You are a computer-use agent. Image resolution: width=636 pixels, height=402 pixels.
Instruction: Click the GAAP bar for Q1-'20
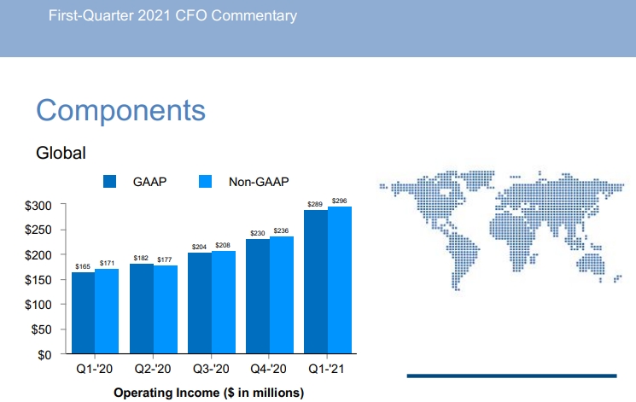tap(84, 312)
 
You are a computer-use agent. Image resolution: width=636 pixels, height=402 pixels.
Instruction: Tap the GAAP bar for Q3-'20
tap(200, 303)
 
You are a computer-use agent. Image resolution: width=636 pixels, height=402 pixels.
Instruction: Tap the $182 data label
tap(142, 258)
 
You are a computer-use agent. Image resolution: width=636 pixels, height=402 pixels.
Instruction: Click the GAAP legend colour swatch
tap(109, 182)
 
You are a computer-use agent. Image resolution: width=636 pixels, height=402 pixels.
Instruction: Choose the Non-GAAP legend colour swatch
tap(205, 182)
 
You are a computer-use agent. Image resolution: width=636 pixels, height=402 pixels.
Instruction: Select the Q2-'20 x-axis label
tap(154, 370)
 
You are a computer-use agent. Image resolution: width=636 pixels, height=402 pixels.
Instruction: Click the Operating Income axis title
tap(208, 393)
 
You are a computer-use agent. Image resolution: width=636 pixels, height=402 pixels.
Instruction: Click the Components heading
tap(120, 110)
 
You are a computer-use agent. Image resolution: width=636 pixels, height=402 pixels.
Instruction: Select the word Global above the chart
tap(61, 154)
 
